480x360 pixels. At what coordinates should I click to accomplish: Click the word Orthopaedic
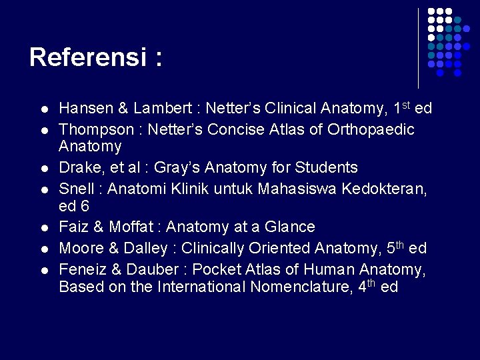[371, 129]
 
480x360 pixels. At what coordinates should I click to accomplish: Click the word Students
[325, 167]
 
